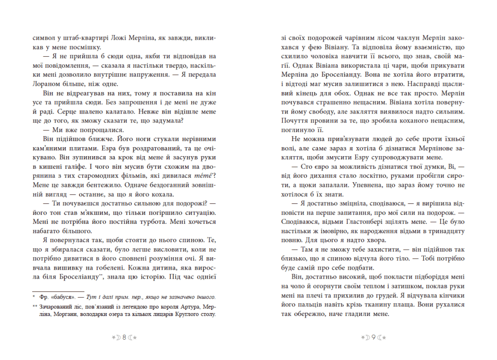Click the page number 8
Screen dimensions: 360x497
(124, 324)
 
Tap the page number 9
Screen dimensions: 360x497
(373, 324)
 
